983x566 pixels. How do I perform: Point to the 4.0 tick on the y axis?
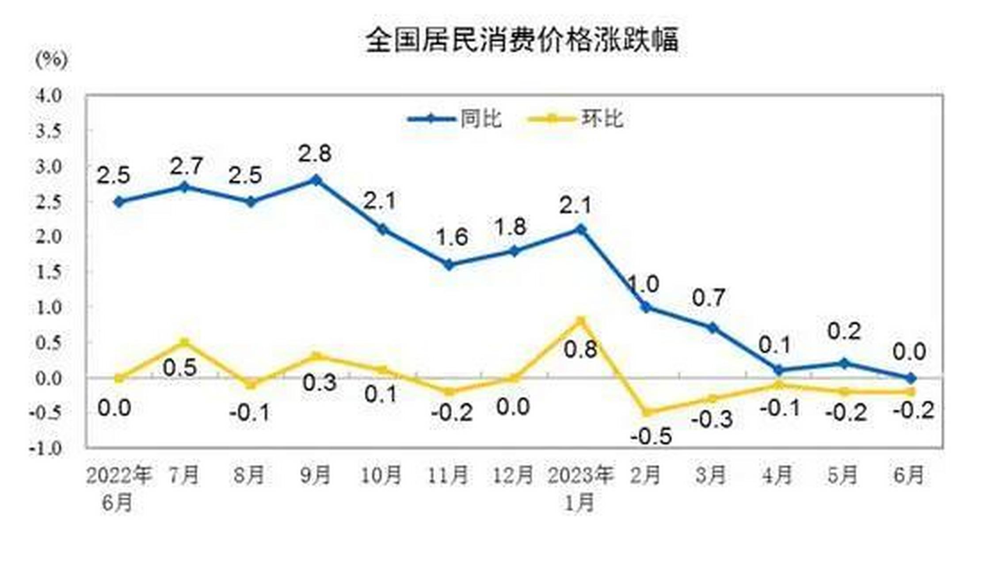tap(49, 96)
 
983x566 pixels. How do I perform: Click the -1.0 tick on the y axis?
tap(46, 448)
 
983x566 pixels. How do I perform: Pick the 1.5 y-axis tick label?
tap(49, 272)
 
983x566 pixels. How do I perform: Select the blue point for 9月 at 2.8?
tap(316, 180)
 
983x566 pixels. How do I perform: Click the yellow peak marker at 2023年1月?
tap(581, 321)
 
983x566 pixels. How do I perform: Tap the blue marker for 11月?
tap(448, 265)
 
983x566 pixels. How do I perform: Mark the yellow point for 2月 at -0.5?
tap(646, 413)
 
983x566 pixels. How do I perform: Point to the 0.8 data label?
tap(580, 349)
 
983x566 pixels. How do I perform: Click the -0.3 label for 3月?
tap(712, 419)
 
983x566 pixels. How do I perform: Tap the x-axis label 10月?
tap(381, 475)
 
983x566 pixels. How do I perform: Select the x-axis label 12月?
tap(513, 475)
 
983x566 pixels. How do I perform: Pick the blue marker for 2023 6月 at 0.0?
tap(911, 378)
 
